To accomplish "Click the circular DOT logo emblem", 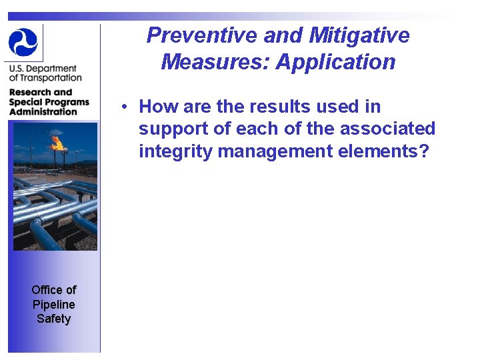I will tap(23, 42).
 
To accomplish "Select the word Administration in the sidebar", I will tap(43, 112).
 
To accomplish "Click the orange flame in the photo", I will tap(58, 142).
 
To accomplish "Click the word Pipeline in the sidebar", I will tap(53, 304).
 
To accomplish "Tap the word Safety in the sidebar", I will tap(53, 319).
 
